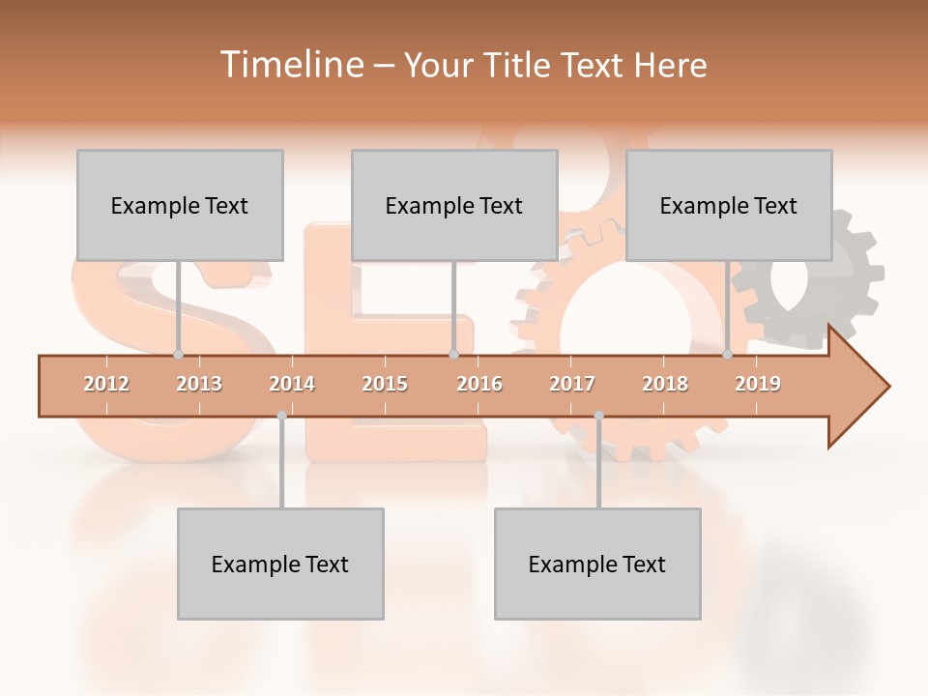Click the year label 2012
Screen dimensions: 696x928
106,384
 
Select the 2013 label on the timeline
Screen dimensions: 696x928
199,384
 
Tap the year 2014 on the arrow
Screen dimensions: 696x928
292,384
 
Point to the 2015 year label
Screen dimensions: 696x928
385,384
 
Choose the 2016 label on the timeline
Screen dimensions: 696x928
479,384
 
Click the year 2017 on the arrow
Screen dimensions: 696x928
572,384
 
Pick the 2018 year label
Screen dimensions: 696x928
665,384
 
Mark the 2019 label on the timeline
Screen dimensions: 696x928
758,384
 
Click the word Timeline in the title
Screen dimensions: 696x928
289,65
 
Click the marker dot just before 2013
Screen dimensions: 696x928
178,354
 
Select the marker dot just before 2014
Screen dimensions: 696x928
281,416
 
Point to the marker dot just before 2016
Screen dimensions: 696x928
453,354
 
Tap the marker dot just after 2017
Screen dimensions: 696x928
598,416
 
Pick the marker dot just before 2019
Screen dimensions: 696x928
727,354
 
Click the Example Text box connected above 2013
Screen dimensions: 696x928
180,205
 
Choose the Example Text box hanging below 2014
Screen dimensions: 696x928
280,564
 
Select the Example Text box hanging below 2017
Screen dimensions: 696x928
597,564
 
